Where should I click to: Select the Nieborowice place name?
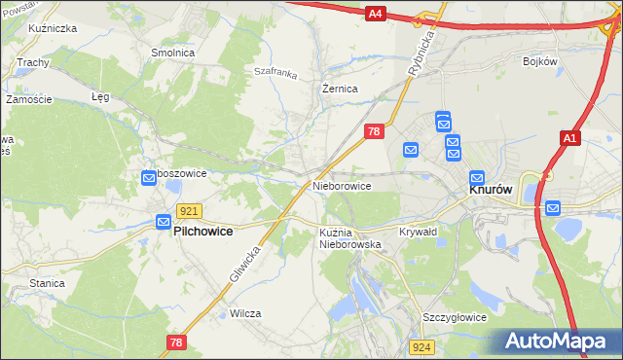341,185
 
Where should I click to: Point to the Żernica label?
341,88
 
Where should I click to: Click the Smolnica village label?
170,53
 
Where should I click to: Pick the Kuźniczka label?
54,29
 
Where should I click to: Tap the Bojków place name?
539,61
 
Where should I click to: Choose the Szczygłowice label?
454,318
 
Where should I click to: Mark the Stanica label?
47,283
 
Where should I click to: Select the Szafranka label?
274,71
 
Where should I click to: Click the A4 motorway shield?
377,14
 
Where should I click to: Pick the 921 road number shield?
190,211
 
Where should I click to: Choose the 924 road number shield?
421,346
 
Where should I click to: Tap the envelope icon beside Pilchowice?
164,223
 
